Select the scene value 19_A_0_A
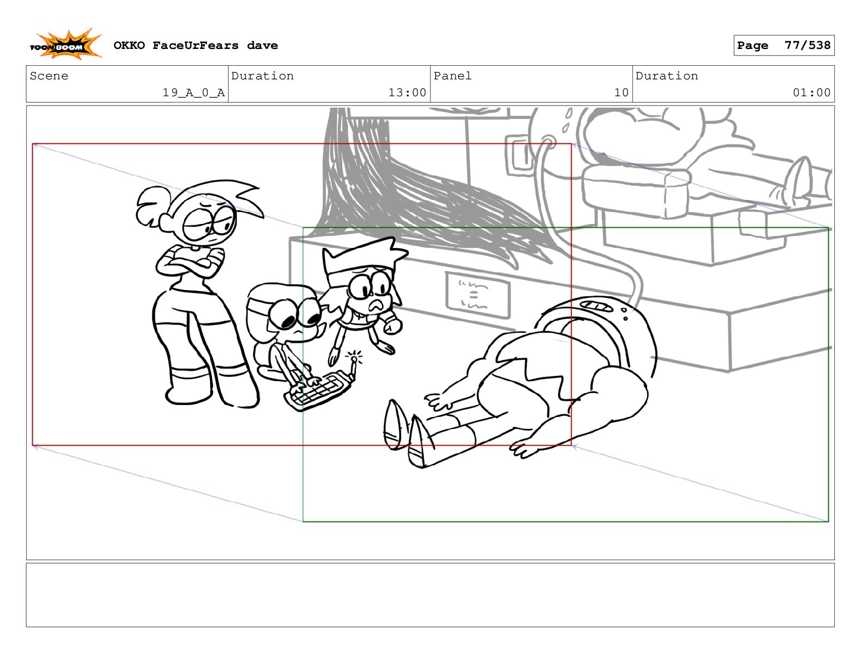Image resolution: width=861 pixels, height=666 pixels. [x=193, y=92]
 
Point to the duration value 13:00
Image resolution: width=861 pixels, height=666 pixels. [x=407, y=92]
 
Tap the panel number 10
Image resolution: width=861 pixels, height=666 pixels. [x=621, y=92]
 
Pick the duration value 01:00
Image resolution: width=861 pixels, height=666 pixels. [x=811, y=92]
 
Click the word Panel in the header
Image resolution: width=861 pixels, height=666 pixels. [x=452, y=76]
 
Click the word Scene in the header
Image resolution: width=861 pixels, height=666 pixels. [x=49, y=76]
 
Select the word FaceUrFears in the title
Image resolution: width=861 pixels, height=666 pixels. [x=195, y=45]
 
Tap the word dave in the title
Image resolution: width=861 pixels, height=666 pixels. [x=262, y=45]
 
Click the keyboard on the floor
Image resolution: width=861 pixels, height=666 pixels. [x=318, y=390]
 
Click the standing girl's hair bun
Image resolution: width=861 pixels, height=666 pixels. [x=152, y=207]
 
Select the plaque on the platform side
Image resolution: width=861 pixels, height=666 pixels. [x=477, y=295]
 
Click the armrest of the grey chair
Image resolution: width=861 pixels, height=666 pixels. [x=636, y=189]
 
